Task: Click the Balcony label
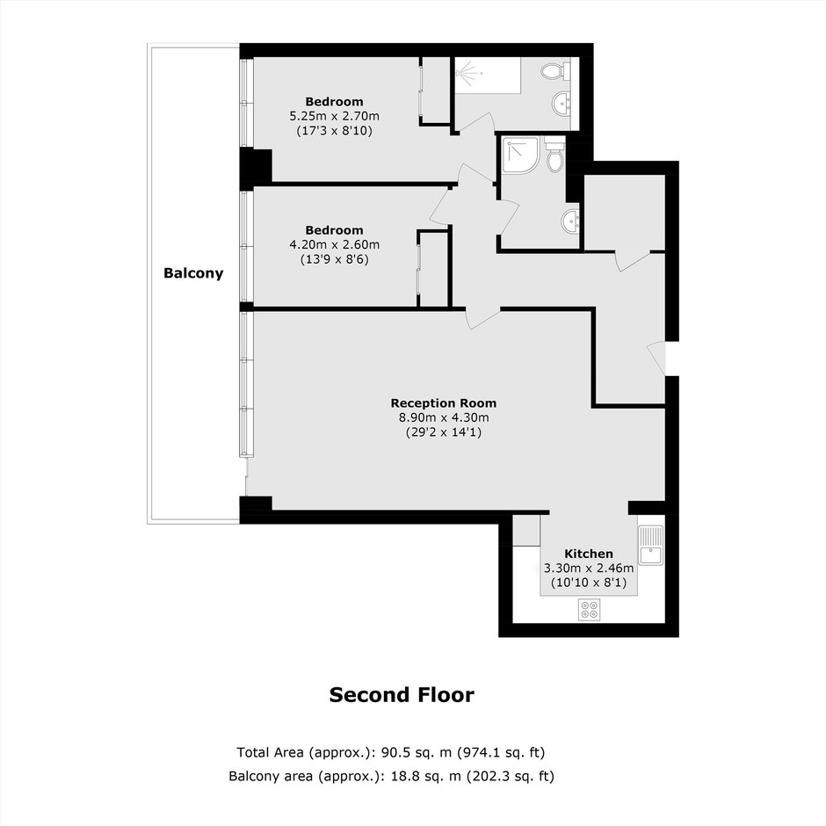pyautogui.click(x=193, y=273)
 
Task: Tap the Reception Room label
pyautogui.click(x=444, y=403)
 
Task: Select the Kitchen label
pyautogui.click(x=589, y=554)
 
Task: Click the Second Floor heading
pyautogui.click(x=402, y=695)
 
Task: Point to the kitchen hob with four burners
pyautogui.click(x=589, y=610)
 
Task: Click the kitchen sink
pyautogui.click(x=650, y=545)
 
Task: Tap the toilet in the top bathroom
pyautogui.click(x=555, y=71)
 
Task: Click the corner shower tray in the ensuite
pyautogui.click(x=520, y=155)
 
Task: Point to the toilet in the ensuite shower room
pyautogui.click(x=554, y=154)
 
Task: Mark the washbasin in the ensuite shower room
pyautogui.click(x=570, y=221)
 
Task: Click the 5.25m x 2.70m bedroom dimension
pyautogui.click(x=335, y=116)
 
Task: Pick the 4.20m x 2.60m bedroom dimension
pyautogui.click(x=335, y=245)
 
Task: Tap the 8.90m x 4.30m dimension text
pyautogui.click(x=444, y=417)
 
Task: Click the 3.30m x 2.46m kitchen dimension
pyautogui.click(x=589, y=569)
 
